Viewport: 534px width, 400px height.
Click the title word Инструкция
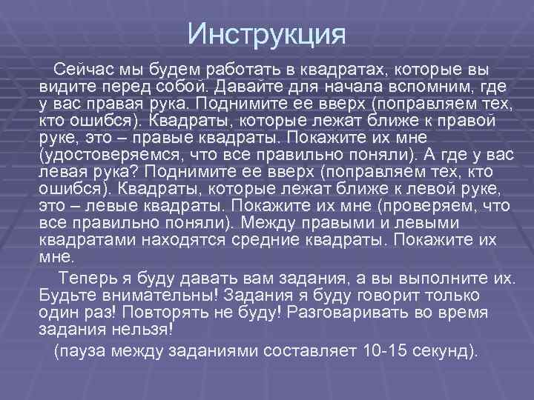coord(266,33)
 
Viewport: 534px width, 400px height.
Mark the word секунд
coord(448,350)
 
